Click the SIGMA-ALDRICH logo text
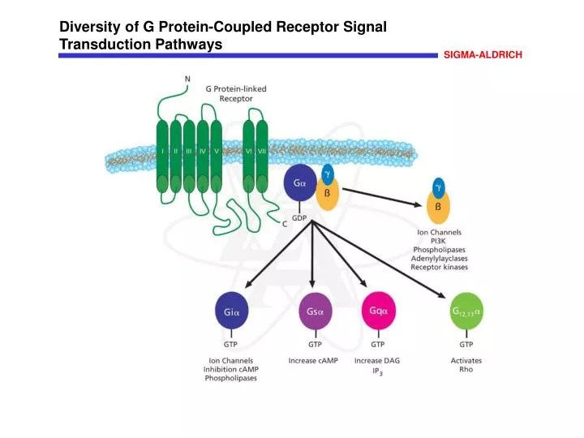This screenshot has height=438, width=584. tap(482, 54)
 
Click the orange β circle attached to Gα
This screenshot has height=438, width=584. tap(328, 195)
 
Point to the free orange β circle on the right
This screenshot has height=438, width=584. tap(438, 206)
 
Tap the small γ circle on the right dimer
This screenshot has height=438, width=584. tap(439, 187)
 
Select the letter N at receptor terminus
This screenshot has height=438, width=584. tap(188, 79)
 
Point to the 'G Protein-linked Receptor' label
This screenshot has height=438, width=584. tap(236, 93)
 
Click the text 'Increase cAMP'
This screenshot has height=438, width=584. tap(314, 360)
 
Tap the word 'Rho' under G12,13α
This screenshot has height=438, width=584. tap(466, 370)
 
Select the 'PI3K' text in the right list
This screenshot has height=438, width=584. tap(439, 241)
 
